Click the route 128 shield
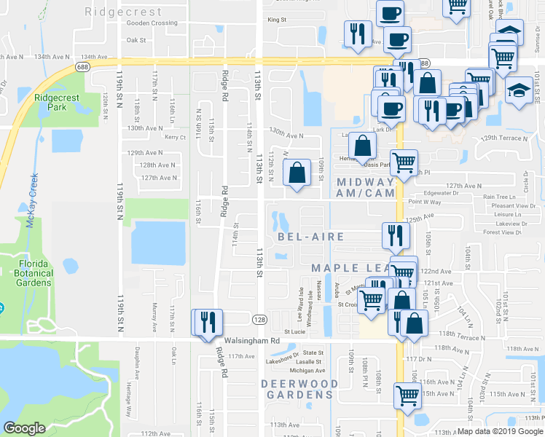click(258, 319)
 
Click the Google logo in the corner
click(24, 428)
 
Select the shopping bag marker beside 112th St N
click(296, 174)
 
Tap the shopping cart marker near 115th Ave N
click(407, 395)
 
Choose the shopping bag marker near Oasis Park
click(361, 147)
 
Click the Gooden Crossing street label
click(152, 23)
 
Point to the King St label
click(277, 20)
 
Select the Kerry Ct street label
click(176, 137)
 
